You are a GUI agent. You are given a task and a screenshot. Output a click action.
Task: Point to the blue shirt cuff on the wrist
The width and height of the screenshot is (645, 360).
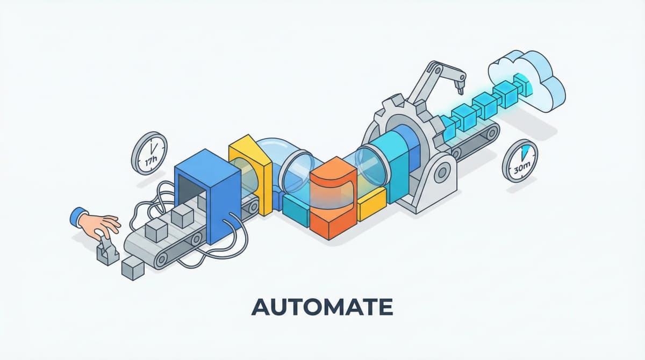(x=78, y=217)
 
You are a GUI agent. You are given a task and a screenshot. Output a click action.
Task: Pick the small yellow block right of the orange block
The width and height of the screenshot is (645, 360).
(x=372, y=206)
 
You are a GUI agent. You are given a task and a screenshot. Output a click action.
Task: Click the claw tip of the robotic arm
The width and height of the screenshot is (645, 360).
(x=460, y=83)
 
